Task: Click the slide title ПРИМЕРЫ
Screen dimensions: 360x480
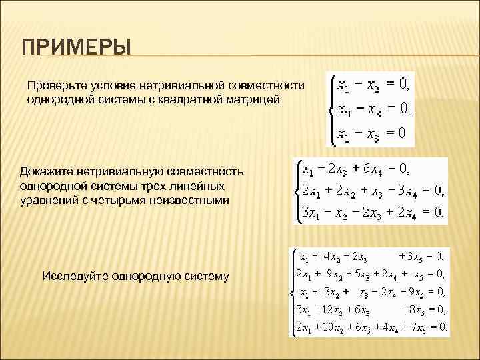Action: click(76, 49)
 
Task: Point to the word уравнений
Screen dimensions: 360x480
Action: click(50, 200)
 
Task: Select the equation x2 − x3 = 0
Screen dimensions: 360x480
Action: click(371, 109)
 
